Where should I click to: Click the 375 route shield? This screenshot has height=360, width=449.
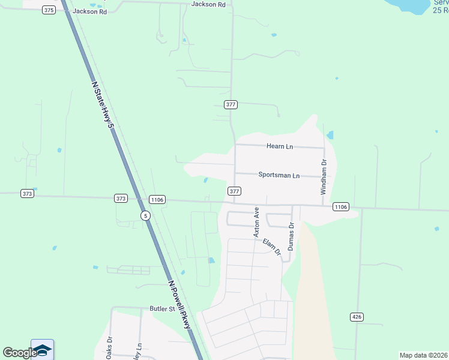point(49,10)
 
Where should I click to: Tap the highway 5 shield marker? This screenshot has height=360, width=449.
point(145,215)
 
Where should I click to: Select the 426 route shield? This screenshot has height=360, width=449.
point(357,317)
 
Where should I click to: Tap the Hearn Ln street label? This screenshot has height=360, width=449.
point(280,146)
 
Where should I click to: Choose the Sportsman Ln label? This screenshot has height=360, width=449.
point(279,175)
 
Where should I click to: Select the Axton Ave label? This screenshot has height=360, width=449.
point(256,222)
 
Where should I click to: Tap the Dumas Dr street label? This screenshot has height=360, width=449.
point(291,236)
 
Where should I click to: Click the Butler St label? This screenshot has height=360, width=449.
point(161,309)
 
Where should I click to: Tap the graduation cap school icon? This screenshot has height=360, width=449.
point(42,350)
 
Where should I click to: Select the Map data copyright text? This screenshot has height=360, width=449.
point(424,355)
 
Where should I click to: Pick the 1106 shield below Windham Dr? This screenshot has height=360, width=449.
point(340,206)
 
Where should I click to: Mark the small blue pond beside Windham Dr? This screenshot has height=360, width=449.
point(330,135)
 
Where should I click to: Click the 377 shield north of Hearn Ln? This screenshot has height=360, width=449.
point(231,104)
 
